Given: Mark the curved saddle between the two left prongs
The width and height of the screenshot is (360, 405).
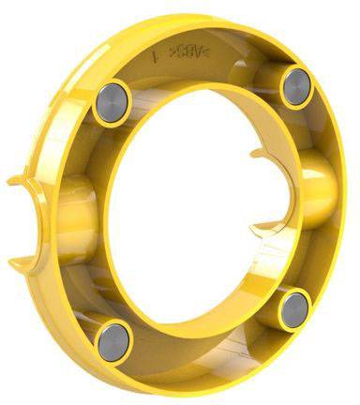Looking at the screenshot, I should (x=37, y=217).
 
